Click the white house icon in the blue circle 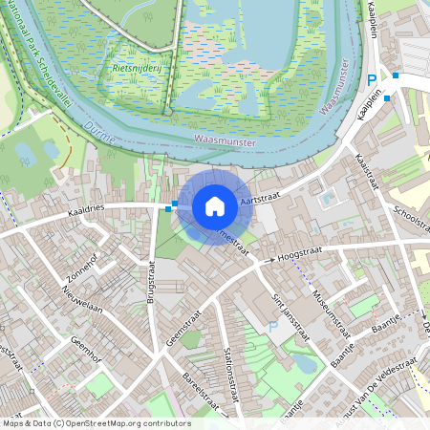[x=215, y=206]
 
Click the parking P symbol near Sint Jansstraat [x=272, y=327]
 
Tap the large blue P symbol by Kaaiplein [x=371, y=81]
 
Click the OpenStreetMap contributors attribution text [x=96, y=423]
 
